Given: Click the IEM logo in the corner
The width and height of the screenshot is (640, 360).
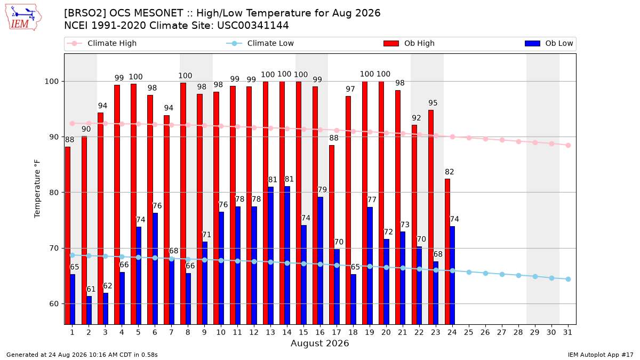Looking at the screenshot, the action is (x=23, y=18).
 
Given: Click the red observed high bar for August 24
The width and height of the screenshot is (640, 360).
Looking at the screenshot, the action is (x=447, y=252).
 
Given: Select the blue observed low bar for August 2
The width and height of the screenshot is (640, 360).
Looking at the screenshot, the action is (x=89, y=310).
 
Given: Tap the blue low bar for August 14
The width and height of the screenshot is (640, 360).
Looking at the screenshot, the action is (x=287, y=255).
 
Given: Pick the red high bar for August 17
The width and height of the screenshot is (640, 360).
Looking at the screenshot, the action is (x=332, y=235).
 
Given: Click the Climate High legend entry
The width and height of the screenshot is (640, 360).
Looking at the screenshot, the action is (x=101, y=43).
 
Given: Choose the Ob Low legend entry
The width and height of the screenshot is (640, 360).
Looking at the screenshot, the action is (x=549, y=43).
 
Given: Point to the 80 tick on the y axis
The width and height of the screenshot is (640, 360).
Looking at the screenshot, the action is (x=53, y=193).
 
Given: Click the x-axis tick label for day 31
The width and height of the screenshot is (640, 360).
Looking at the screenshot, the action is (x=567, y=332).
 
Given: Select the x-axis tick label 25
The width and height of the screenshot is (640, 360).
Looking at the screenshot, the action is (x=469, y=332).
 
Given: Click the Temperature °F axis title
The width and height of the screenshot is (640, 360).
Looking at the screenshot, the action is (x=37, y=189).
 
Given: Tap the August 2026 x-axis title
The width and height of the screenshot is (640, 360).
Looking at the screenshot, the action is (x=319, y=343).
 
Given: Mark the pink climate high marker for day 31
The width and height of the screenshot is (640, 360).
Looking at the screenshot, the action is (x=569, y=146).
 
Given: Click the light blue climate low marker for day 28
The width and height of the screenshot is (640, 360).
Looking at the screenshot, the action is (x=518, y=275).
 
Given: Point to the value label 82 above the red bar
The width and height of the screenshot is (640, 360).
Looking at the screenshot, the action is (x=450, y=172).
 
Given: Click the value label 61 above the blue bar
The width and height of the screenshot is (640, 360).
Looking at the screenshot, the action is (x=91, y=290).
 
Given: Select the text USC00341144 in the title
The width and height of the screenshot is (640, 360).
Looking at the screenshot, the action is (x=253, y=26).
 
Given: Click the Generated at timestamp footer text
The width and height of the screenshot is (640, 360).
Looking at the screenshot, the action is (x=82, y=355).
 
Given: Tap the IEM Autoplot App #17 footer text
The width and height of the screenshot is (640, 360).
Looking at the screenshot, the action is (x=601, y=355).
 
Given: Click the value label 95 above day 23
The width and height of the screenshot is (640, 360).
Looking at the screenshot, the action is (x=433, y=103).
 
